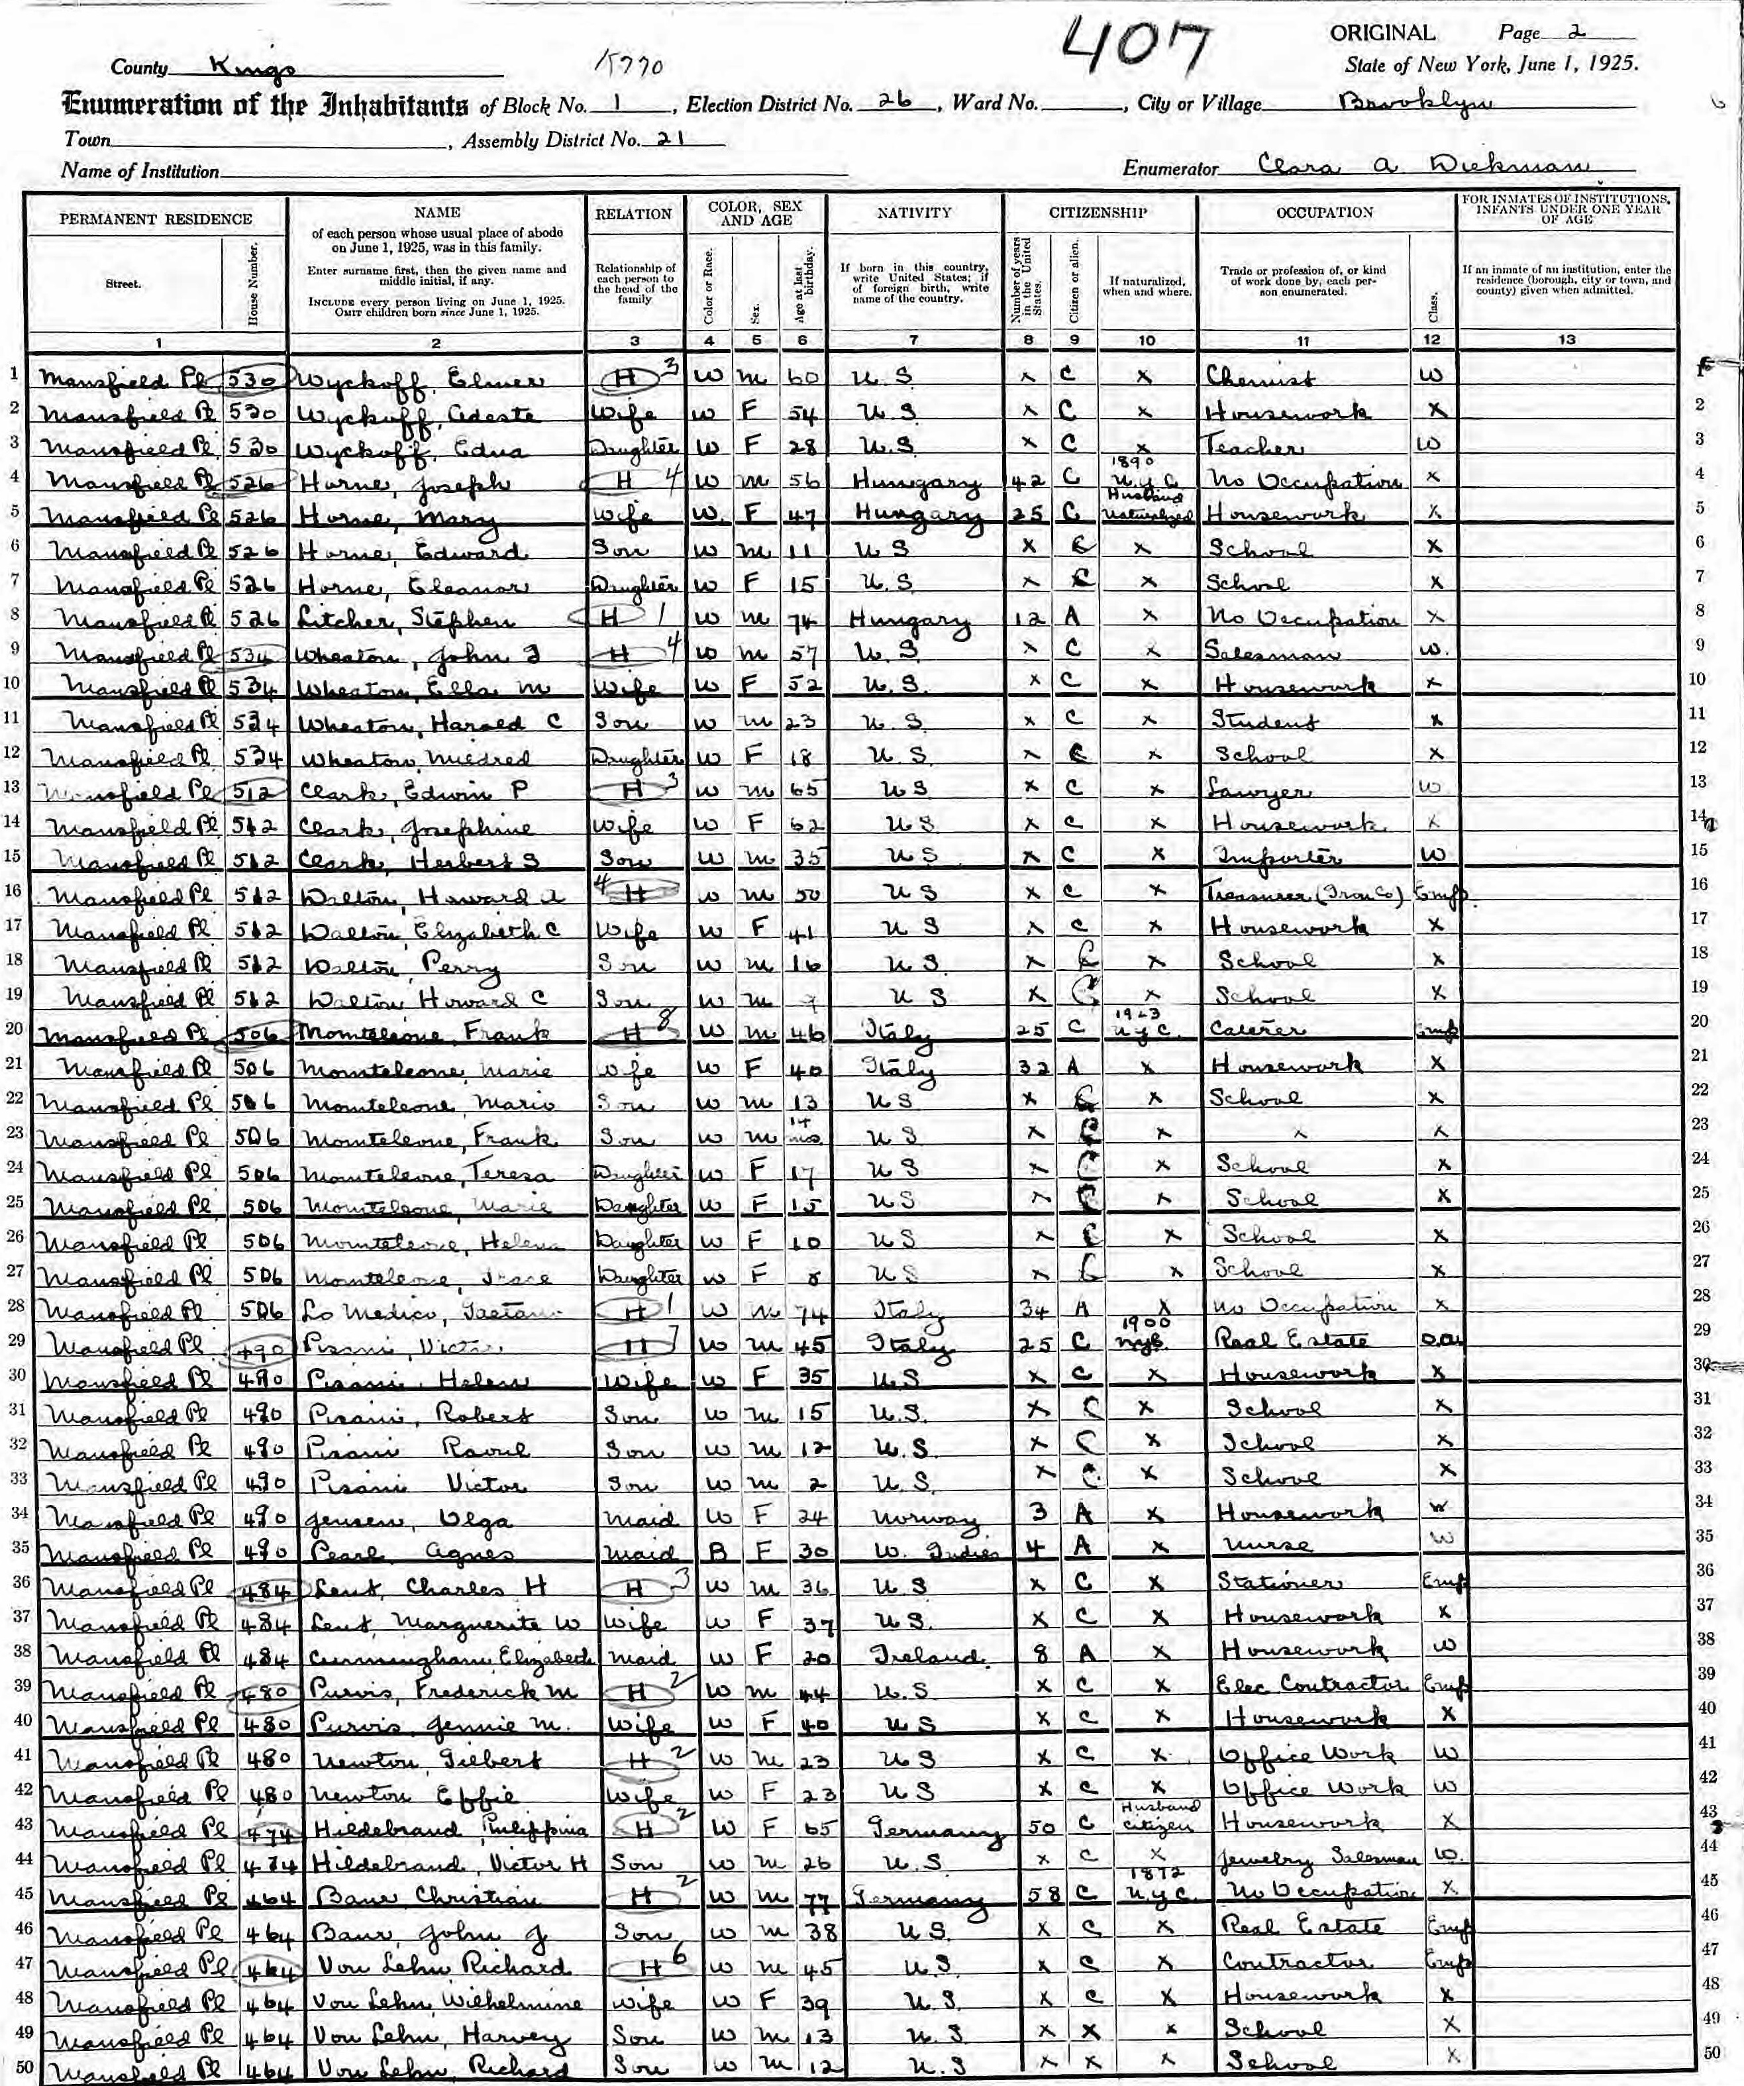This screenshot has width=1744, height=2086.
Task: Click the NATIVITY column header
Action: (913, 213)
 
